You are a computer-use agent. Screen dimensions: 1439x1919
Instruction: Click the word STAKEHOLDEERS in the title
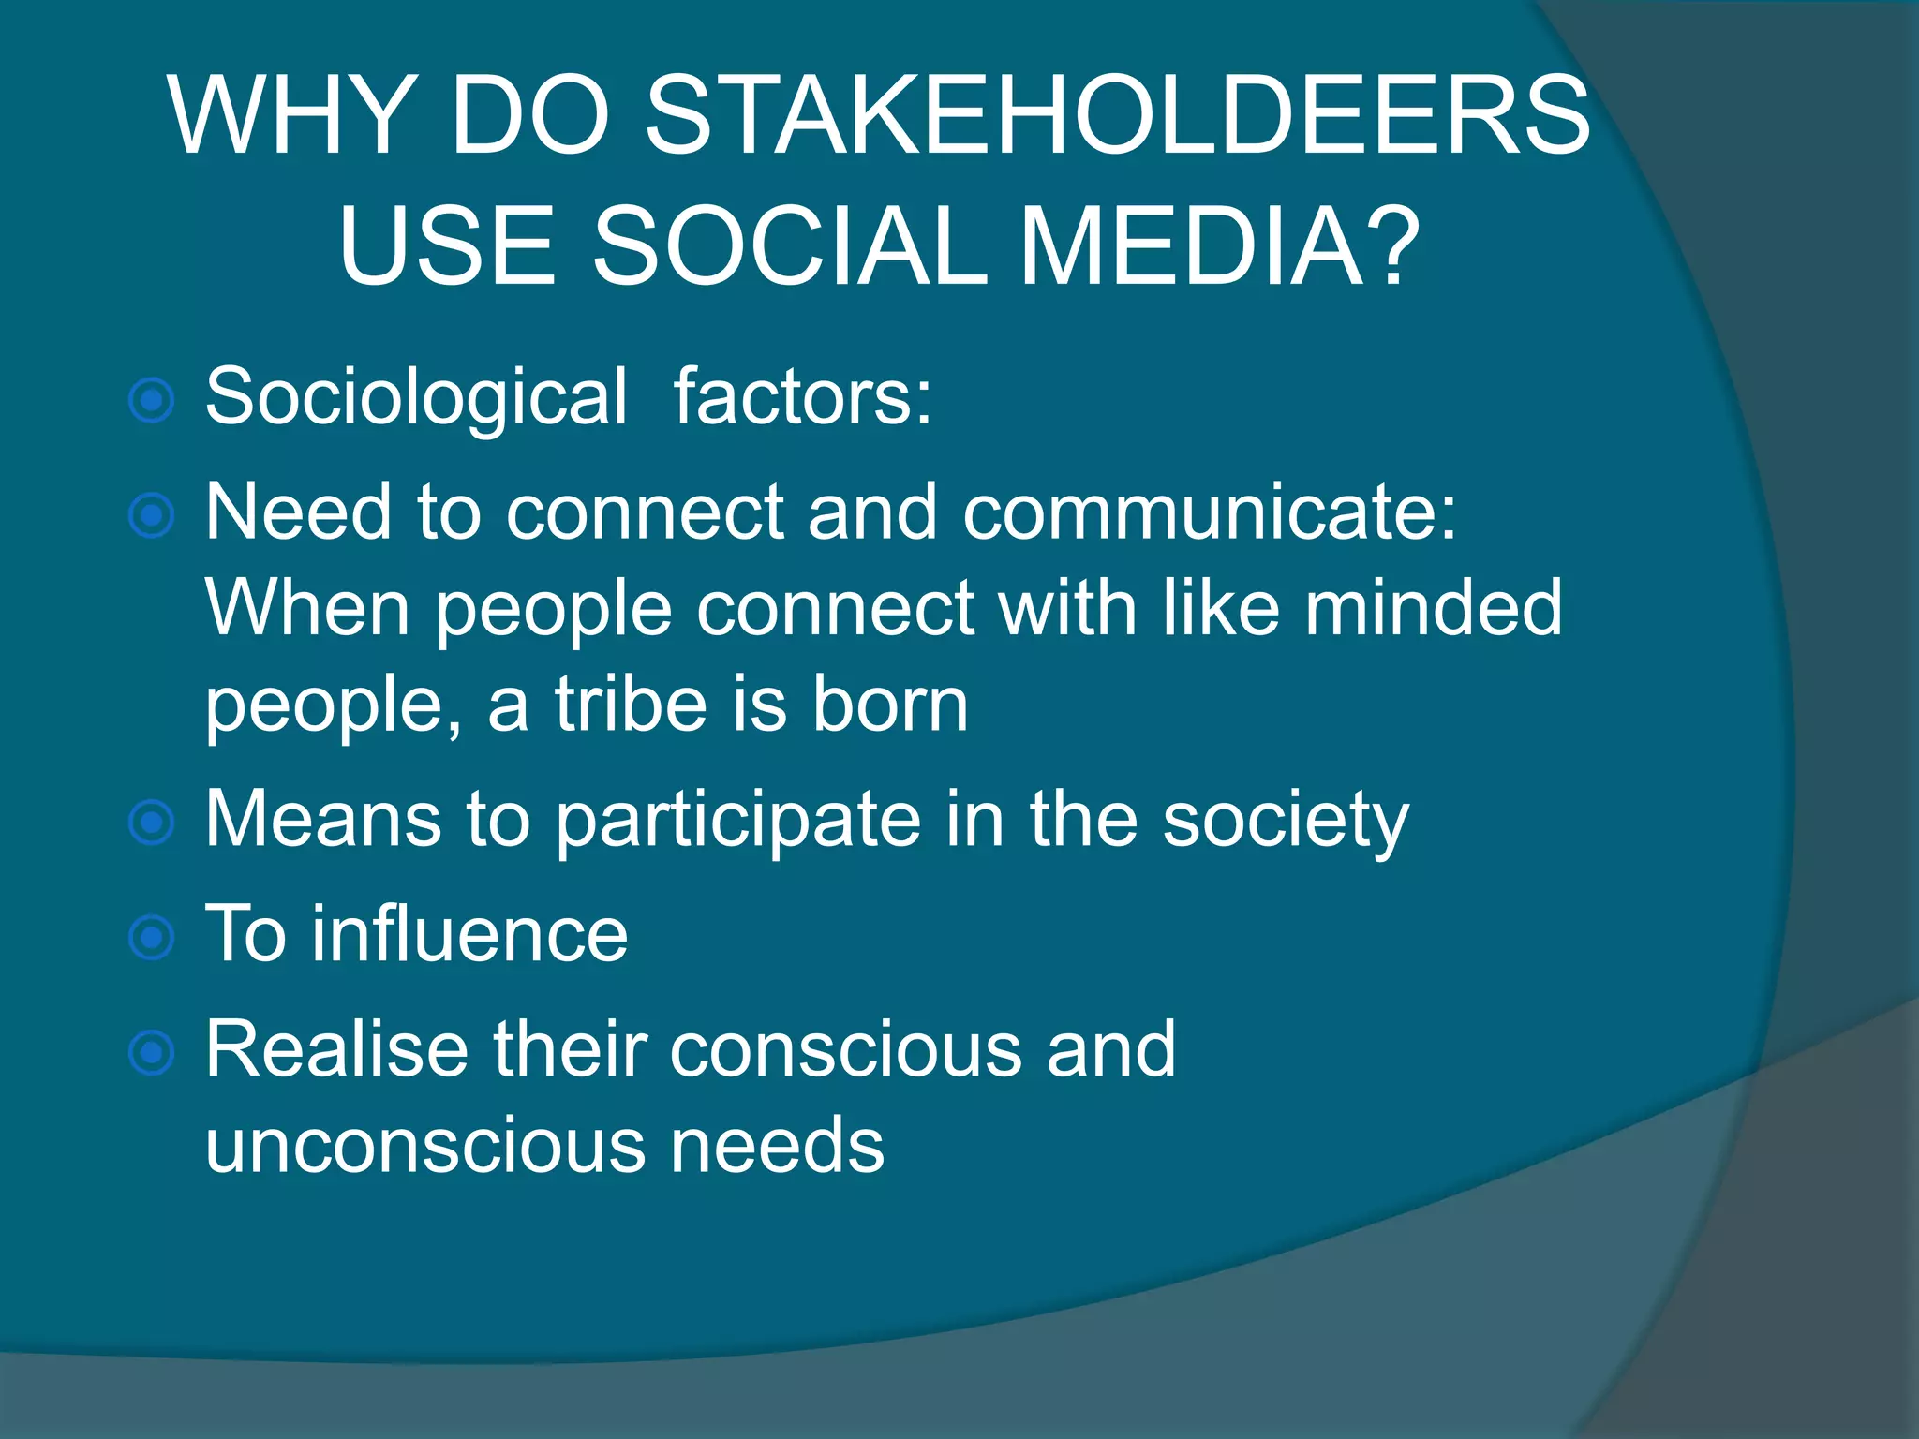pos(1117,116)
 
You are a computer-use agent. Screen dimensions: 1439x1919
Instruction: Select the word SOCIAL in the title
pos(790,246)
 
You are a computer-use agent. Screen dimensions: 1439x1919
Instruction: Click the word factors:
pos(803,397)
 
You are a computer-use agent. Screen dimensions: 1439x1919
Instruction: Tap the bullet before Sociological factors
pos(151,401)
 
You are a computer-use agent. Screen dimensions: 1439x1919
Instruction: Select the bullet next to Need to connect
pos(151,515)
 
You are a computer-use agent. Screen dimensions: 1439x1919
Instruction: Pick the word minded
pos(1433,609)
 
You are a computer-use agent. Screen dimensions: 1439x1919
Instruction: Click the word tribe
pos(631,705)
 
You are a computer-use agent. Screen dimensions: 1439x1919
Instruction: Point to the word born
pos(889,705)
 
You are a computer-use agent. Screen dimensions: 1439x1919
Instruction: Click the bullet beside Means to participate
pos(151,823)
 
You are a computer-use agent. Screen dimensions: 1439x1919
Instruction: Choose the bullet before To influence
pos(151,938)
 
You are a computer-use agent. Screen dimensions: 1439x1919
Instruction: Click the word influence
pos(469,935)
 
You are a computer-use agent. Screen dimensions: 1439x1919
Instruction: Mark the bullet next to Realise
pos(151,1052)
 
